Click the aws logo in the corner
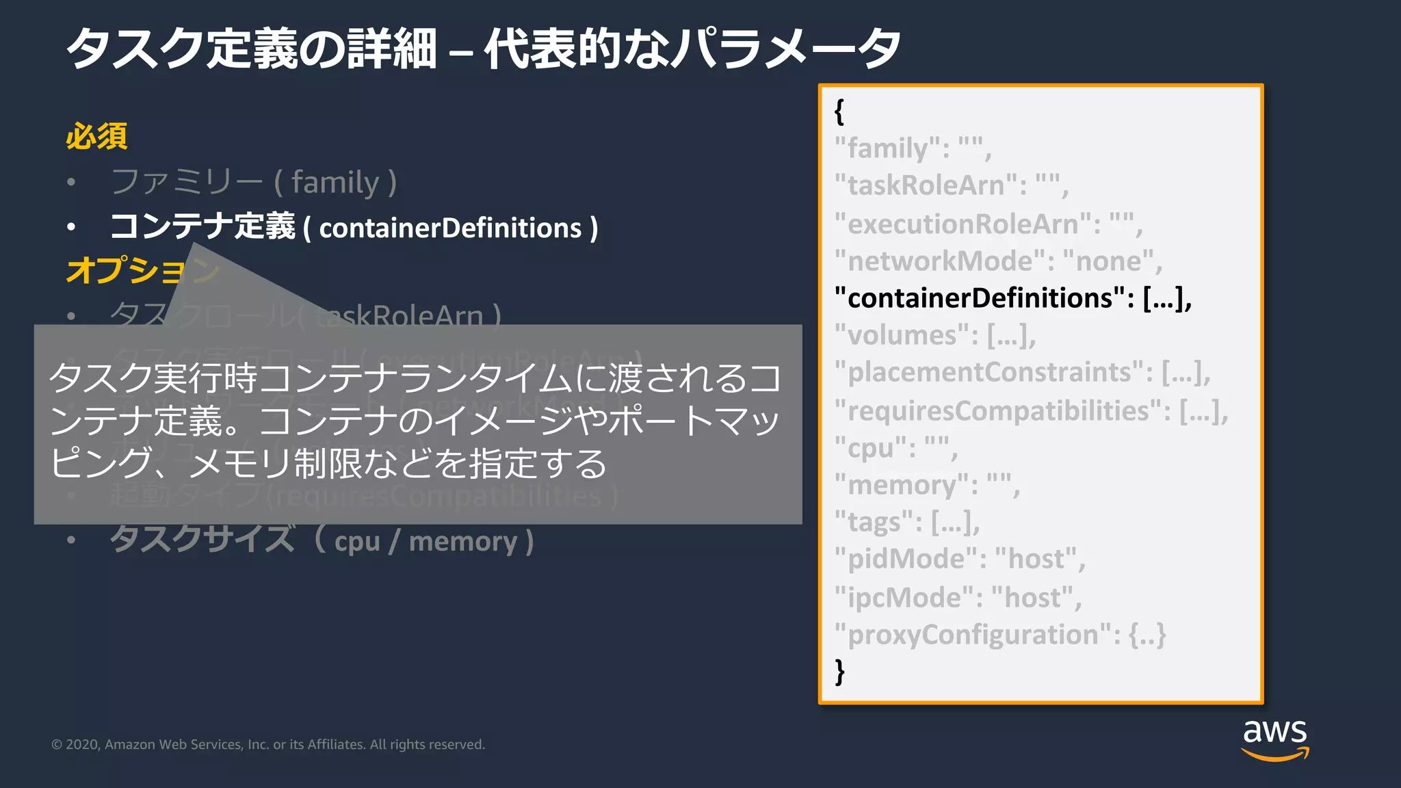click(1274, 739)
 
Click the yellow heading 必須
click(96, 136)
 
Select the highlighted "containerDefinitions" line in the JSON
click(1012, 298)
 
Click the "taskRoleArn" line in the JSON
click(951, 185)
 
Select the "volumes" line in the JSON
click(934, 335)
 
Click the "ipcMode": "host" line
click(958, 598)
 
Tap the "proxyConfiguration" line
click(999, 635)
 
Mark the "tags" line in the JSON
click(906, 523)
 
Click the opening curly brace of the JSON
click(839, 111)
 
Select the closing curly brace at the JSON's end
click(840, 672)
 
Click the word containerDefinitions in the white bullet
click(450, 228)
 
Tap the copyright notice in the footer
click(268, 744)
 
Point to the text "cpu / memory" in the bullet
click(425, 542)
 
